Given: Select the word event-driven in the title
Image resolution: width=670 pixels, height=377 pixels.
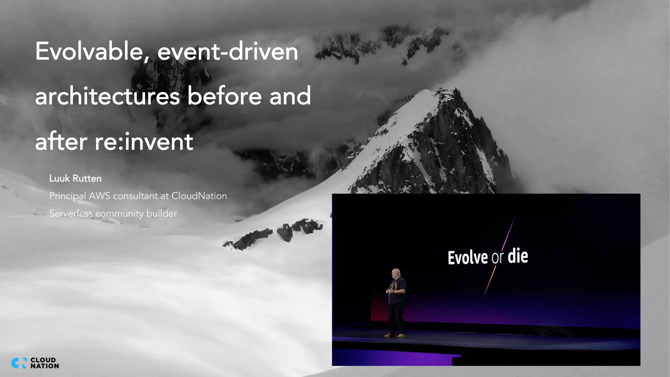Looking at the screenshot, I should coord(228,52).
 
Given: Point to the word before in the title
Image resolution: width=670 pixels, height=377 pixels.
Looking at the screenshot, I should coord(225,97).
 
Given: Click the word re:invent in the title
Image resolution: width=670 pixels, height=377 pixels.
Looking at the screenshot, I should coord(144,142).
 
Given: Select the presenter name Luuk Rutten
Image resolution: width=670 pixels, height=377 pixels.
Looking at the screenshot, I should coord(75,178).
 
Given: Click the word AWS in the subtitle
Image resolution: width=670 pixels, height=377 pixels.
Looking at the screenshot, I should coord(99,196).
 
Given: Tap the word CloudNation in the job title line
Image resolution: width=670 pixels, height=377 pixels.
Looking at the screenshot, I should coord(199,196).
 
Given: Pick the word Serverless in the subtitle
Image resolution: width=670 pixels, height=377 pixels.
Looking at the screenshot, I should coord(71,213).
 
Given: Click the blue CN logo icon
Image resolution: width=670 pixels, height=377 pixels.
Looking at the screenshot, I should coord(19,363).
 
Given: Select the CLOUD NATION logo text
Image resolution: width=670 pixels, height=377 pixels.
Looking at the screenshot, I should coord(44,363).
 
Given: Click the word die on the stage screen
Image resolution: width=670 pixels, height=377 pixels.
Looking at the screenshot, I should coord(518,256).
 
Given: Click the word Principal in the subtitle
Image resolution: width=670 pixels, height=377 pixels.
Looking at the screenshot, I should coord(68,196).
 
